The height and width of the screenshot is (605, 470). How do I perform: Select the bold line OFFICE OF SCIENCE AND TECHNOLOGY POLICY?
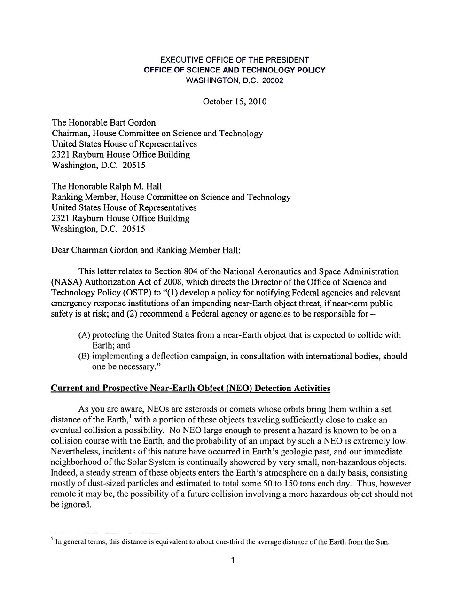(235, 70)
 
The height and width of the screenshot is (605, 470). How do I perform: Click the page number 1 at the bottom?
(234, 560)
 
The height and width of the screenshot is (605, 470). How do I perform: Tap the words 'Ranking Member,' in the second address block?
(85, 197)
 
